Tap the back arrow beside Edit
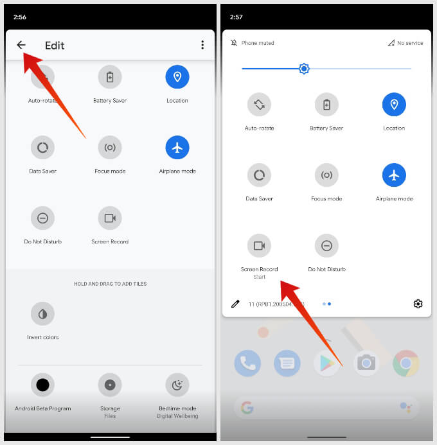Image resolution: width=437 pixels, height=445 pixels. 21,45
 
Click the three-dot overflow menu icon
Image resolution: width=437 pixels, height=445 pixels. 202,45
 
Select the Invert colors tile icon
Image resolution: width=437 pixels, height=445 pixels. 42,314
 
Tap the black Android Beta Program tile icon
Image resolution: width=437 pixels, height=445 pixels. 42,385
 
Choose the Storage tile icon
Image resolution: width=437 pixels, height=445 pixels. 110,385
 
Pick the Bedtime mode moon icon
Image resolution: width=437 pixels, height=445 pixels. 177,385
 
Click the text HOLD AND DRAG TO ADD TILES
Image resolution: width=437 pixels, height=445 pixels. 110,284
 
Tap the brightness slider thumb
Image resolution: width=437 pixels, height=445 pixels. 304,68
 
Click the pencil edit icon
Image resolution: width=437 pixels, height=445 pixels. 235,304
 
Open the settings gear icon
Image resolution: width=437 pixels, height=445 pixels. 418,304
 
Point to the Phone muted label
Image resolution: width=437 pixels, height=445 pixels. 258,43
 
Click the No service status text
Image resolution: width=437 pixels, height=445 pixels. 410,43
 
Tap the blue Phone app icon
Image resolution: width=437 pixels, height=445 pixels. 247,363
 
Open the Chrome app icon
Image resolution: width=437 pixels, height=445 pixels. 406,363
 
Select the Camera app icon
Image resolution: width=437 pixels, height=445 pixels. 366,363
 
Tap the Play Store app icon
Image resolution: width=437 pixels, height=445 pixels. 326,363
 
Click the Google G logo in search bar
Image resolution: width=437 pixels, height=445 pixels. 247,407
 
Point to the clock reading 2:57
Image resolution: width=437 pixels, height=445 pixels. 236,17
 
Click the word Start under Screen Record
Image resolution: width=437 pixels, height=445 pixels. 260,277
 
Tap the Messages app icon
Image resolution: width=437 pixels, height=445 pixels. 287,363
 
